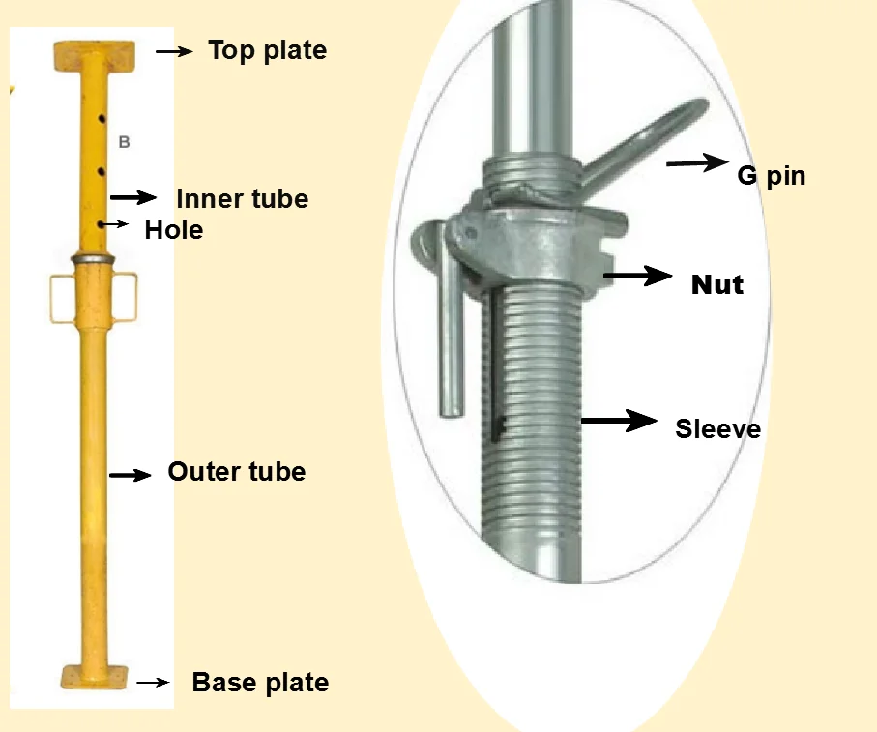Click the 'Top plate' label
(267, 50)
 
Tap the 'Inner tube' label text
(242, 199)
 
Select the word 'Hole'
(174, 230)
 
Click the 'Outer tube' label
(236, 472)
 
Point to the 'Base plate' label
(260, 683)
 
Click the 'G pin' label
(771, 176)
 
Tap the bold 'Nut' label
(716, 285)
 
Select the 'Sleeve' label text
(717, 428)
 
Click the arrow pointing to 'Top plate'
(174, 51)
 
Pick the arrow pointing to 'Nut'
(638, 277)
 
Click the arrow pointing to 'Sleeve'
(619, 421)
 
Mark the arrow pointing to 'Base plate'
(154, 683)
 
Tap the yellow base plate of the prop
(93, 676)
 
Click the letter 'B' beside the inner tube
(124, 142)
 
